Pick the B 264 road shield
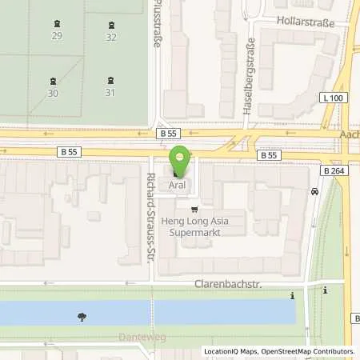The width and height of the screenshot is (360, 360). coord(334,170)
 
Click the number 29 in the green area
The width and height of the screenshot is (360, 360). coord(57,37)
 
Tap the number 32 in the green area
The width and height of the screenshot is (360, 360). coord(111,37)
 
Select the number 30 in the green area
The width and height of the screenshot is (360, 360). coord(54,93)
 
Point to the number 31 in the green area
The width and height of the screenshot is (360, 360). coord(110,93)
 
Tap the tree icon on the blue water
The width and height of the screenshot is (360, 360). coord(82,317)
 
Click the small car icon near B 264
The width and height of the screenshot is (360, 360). coord(316,191)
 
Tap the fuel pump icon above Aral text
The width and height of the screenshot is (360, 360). coord(177,174)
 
